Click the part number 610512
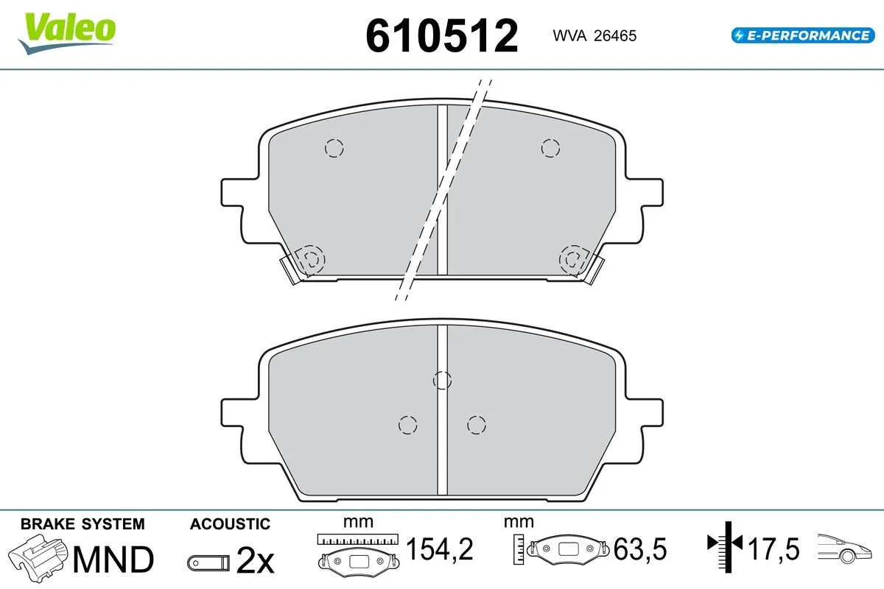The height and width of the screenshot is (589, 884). pyautogui.click(x=442, y=35)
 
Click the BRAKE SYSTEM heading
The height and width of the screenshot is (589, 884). pyautogui.click(x=83, y=524)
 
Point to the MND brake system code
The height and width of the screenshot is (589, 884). pyautogui.click(x=113, y=560)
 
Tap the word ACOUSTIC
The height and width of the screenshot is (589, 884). pyautogui.click(x=230, y=524)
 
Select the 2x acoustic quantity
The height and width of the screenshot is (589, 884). pyautogui.click(x=255, y=561)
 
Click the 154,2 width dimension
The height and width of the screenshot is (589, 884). pyautogui.click(x=439, y=549)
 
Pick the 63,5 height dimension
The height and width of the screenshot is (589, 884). pyautogui.click(x=639, y=549)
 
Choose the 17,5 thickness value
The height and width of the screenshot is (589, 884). pyautogui.click(x=773, y=549)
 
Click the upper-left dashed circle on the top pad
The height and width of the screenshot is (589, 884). pyautogui.click(x=334, y=148)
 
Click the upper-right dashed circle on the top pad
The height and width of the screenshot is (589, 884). pyautogui.click(x=550, y=148)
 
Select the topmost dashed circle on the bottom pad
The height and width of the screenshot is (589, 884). pyautogui.click(x=442, y=380)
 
